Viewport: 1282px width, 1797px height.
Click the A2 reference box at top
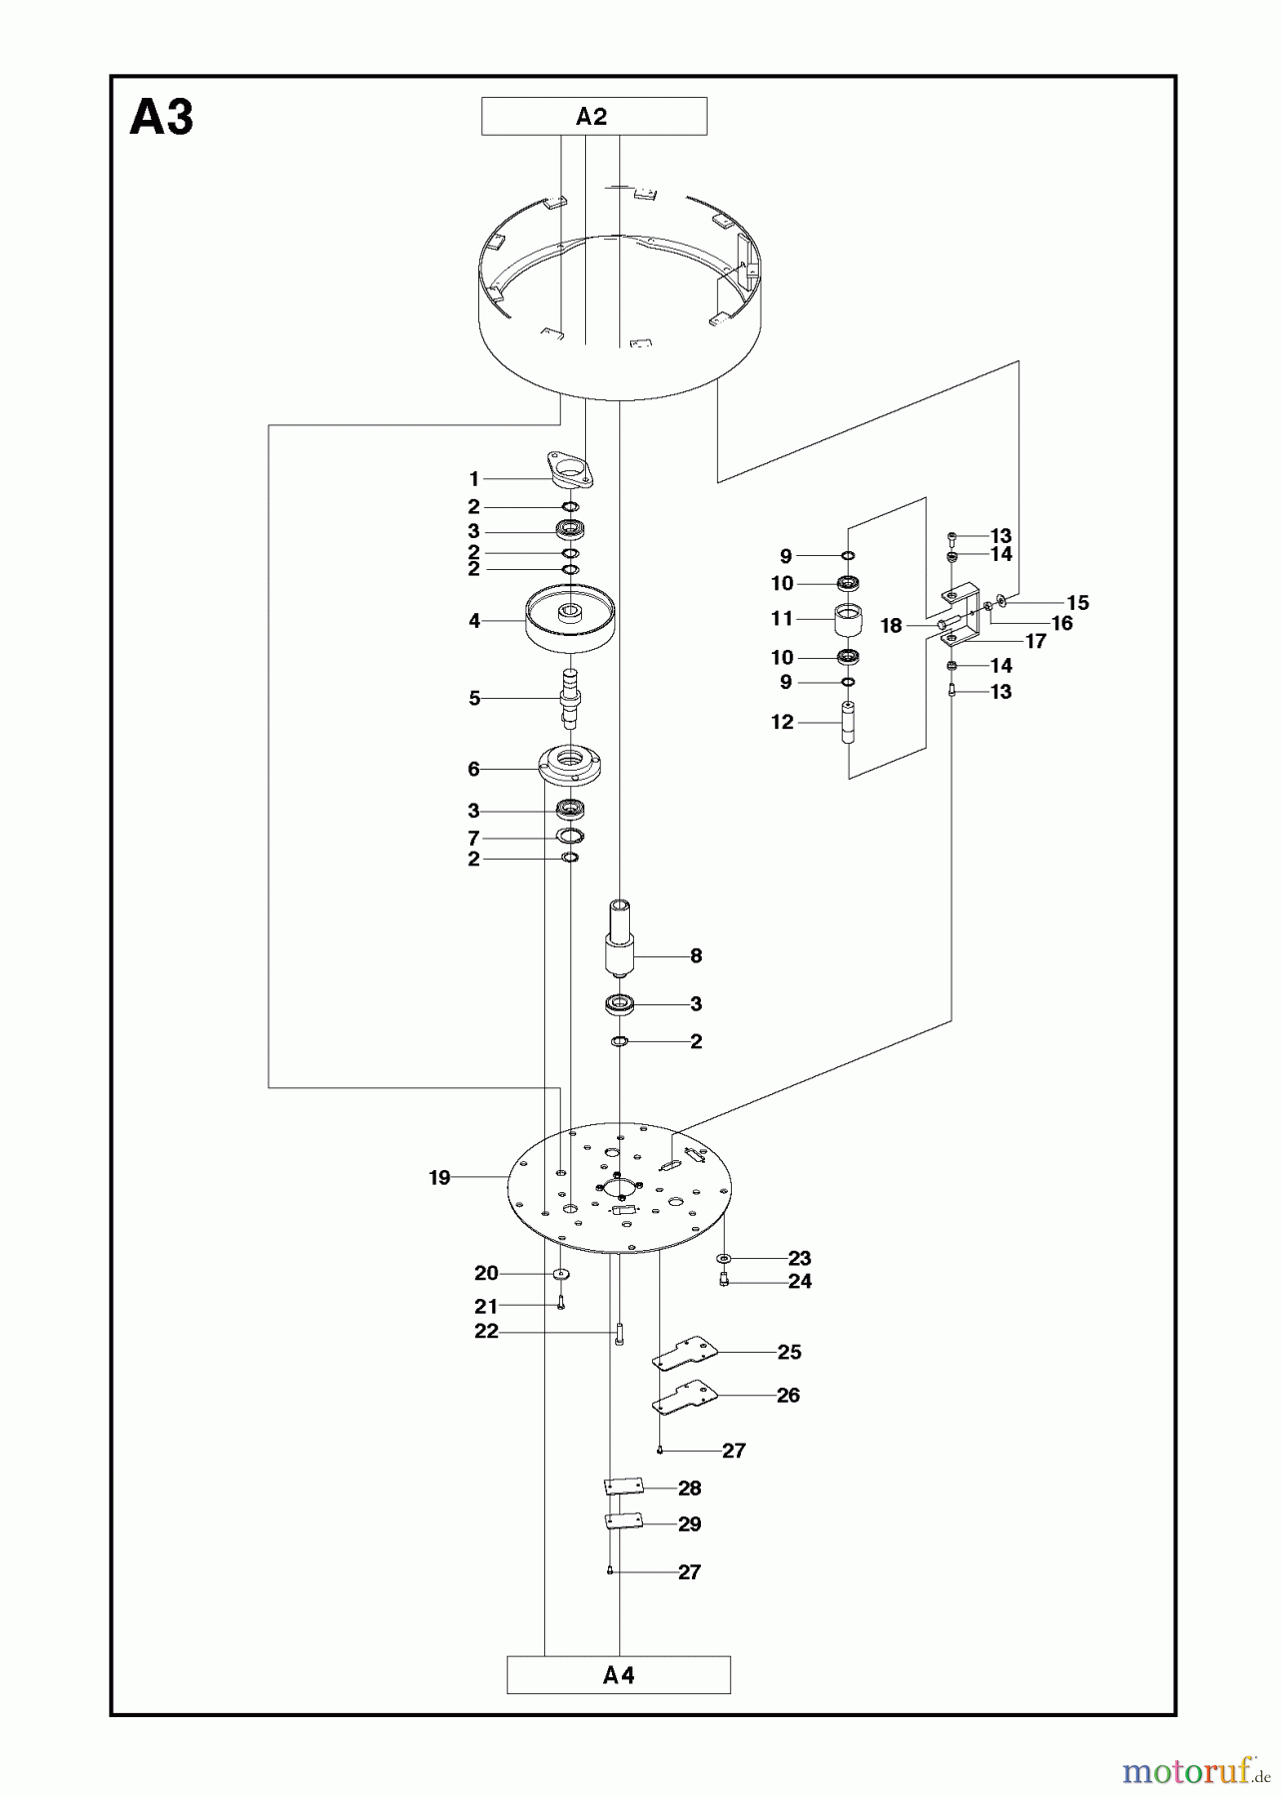[593, 117]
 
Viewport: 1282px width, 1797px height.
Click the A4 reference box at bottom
[618, 1675]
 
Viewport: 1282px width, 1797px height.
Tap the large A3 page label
[162, 119]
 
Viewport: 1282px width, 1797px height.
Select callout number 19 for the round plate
[439, 1178]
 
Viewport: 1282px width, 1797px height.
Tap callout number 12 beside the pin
[782, 722]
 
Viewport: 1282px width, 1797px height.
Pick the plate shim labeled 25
[686, 1354]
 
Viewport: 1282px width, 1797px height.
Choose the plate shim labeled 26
[686, 1396]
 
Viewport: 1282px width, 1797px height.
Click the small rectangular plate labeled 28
[623, 1488]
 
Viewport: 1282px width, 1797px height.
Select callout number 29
[689, 1523]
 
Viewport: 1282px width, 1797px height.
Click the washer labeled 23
[724, 1259]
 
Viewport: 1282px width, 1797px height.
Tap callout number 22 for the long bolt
[486, 1331]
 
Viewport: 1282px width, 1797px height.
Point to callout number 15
[1076, 603]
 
